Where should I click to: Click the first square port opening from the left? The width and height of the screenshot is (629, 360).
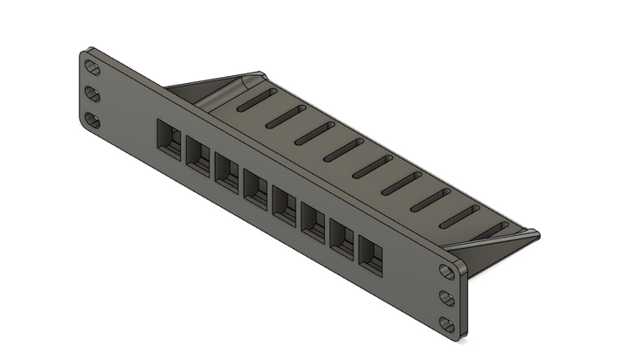(x=167, y=137)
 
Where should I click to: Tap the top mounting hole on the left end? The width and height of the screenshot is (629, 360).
(x=91, y=66)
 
